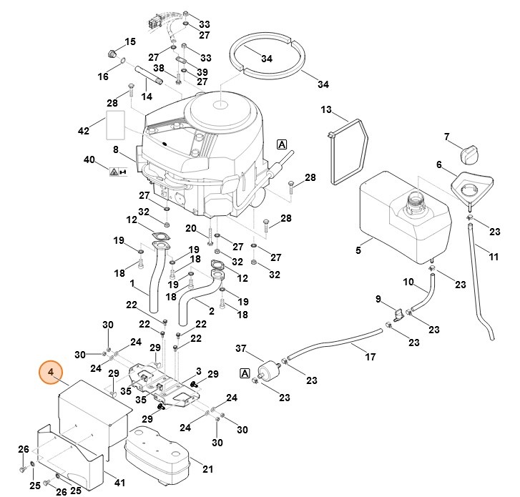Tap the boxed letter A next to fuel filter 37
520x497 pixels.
[x=245, y=374]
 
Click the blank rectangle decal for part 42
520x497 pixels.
[x=116, y=124]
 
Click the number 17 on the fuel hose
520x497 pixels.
[x=370, y=357]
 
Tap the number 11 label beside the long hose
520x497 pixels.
[x=494, y=255]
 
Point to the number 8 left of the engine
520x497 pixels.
[x=115, y=149]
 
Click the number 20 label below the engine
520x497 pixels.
[x=190, y=228]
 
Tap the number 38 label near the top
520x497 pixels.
[x=158, y=67]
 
